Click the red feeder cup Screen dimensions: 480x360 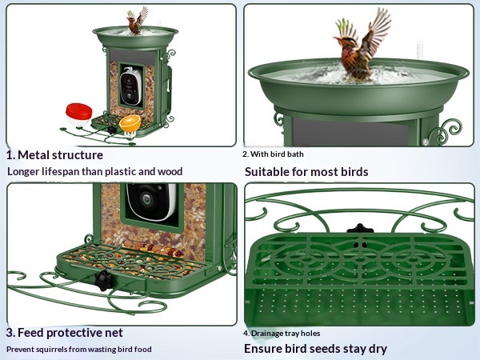78,114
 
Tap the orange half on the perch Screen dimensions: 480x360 130,123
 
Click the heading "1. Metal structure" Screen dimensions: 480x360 54,155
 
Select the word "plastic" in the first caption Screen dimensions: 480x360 121,171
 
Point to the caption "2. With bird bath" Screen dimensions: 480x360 273,154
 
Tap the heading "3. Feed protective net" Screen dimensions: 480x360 64,333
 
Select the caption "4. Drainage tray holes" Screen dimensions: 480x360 282,334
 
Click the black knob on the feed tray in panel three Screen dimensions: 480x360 103,281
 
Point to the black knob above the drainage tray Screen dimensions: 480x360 360,229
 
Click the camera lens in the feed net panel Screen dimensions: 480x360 146,199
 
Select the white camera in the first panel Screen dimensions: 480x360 131,86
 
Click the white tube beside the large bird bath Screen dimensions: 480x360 420,50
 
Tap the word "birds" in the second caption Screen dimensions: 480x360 354,172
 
